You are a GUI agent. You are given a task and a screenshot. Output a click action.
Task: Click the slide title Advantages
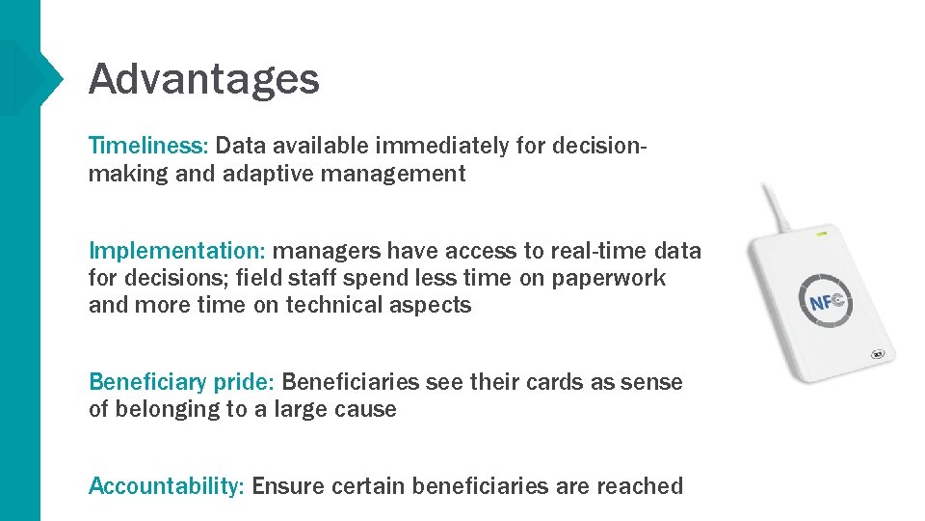point(203,78)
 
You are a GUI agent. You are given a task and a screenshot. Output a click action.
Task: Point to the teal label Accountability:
point(166,486)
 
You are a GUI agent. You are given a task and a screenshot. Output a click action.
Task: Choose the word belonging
point(168,409)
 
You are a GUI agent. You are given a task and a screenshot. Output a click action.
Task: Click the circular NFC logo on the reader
point(825,302)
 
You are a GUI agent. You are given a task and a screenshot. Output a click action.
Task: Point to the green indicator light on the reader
point(822,233)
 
